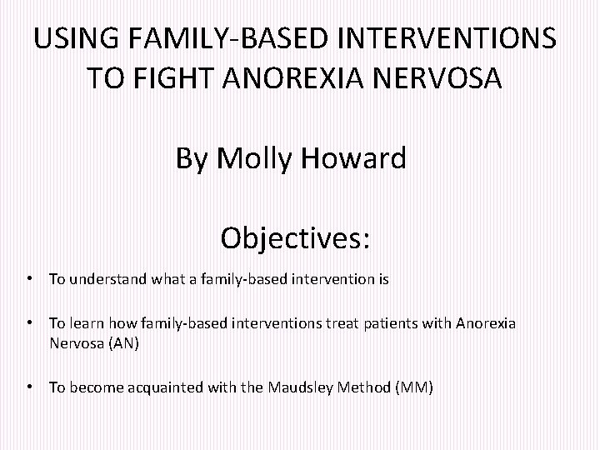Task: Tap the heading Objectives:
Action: click(296, 238)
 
